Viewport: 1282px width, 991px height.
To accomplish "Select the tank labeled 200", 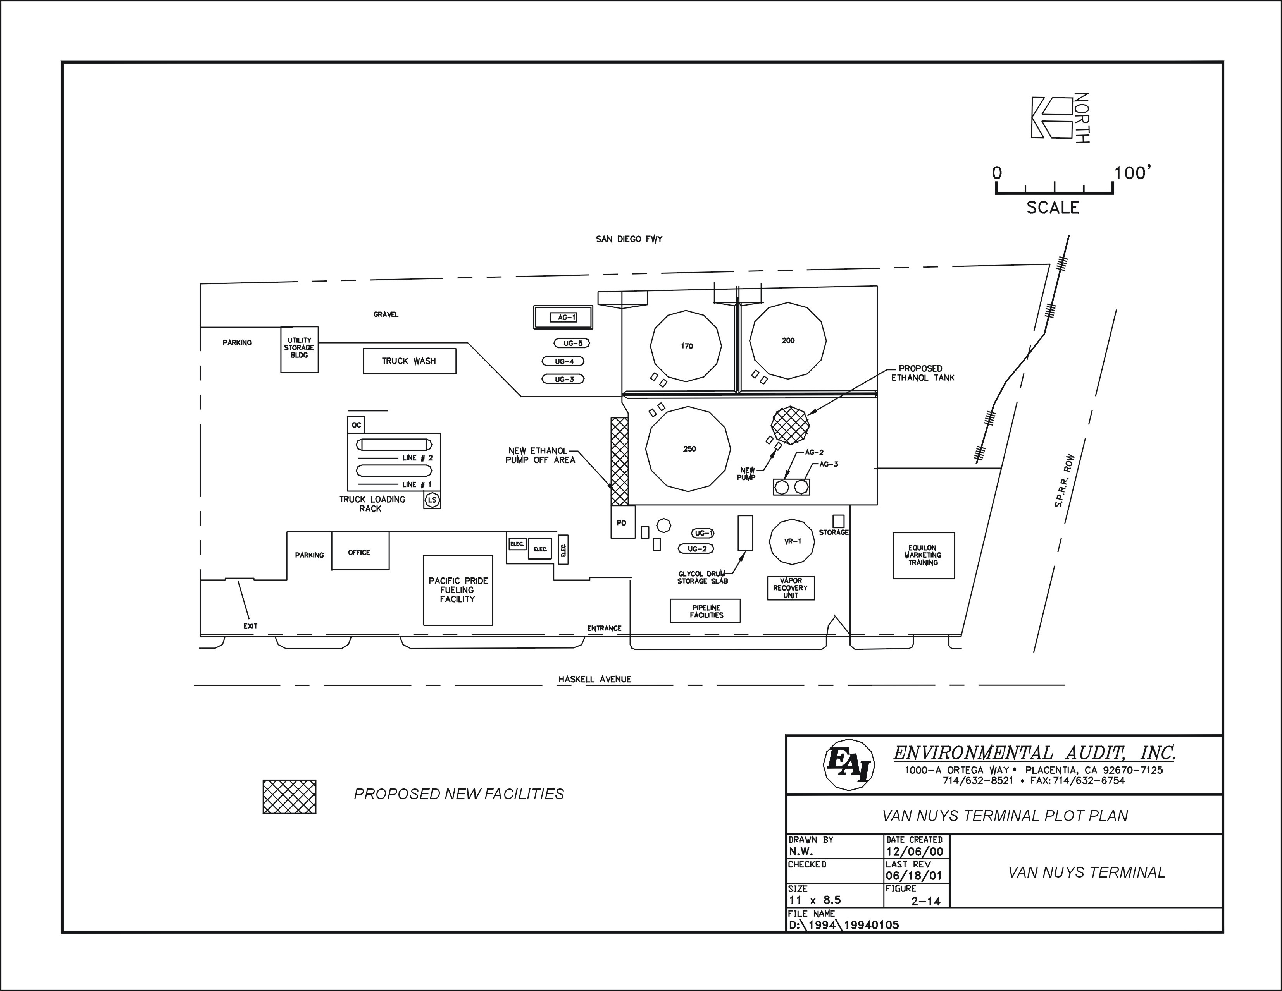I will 788,341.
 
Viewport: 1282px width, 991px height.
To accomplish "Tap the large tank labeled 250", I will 688,449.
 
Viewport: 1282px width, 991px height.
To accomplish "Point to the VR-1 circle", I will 792,541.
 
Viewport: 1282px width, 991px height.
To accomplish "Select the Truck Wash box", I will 409,361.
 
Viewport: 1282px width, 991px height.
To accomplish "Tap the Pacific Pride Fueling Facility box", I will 458,590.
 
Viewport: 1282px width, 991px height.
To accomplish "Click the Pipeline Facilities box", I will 705,611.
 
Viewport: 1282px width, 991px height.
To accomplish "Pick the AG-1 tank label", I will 563,318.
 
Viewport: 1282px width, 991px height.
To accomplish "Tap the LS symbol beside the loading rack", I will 432,500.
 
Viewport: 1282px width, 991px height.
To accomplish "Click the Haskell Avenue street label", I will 594,679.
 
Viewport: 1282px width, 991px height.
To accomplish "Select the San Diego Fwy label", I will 629,239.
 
